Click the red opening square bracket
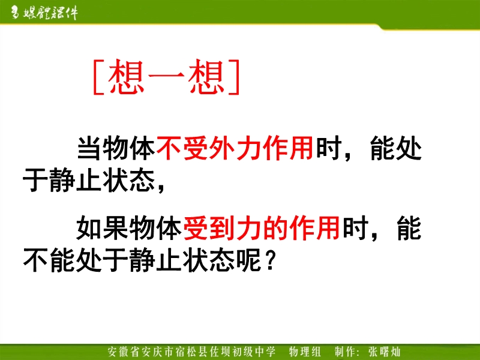coord(98,77)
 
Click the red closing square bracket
coord(234,77)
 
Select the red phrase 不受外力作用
coord(235,148)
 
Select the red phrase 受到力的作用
coord(262,227)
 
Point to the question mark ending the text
coord(270,260)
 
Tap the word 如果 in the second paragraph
coord(102,227)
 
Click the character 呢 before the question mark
coord(249,260)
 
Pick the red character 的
coord(275,227)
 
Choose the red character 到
coord(222,227)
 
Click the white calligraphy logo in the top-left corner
coord(44,13)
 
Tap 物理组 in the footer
coord(304,352)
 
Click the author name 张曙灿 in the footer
coord(384,352)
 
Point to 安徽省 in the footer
coord(124,352)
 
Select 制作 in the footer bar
coord(346,352)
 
